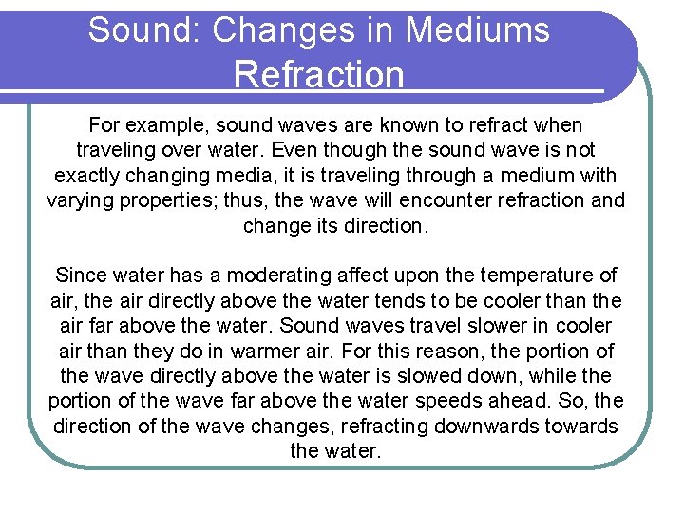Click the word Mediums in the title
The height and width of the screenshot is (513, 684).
coord(477,30)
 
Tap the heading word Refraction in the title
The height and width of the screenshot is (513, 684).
coord(318,74)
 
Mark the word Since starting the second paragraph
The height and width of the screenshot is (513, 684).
coord(81,275)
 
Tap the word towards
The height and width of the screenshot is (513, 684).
coord(581,427)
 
